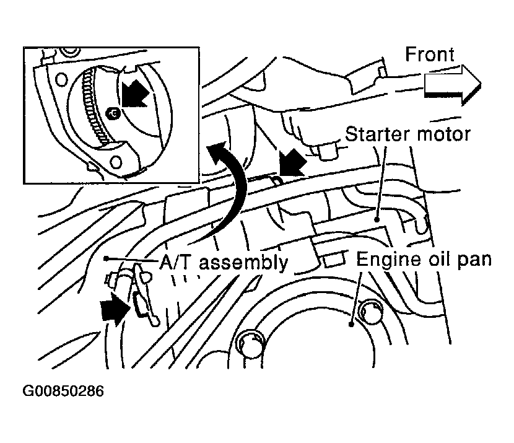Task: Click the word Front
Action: [x=430, y=54]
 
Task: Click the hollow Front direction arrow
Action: [x=453, y=85]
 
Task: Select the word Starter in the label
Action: [x=377, y=134]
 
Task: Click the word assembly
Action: [x=243, y=263]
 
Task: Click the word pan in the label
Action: [x=474, y=260]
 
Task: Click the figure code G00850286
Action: [x=63, y=391]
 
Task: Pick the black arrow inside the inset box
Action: [x=134, y=94]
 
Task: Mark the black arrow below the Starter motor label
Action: [x=292, y=163]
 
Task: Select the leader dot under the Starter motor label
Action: [x=377, y=219]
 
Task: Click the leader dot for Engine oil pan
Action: [x=351, y=325]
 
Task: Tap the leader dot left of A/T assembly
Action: [x=106, y=259]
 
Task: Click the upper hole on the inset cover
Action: [x=61, y=79]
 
